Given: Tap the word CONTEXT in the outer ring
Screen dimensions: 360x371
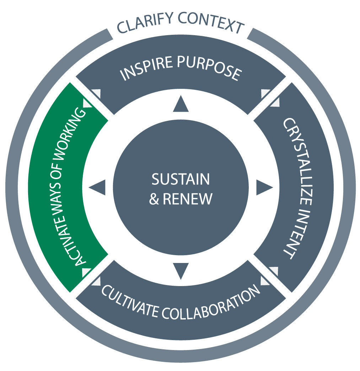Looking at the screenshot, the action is [211, 23].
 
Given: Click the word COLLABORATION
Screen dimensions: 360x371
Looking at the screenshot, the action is [211, 304].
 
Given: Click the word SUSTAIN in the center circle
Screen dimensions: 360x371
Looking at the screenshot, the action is [181, 179].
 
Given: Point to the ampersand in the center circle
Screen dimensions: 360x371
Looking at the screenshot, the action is [154, 199].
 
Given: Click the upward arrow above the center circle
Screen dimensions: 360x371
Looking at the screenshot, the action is [181, 104].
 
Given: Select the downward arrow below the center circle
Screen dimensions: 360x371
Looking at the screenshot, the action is [181, 271].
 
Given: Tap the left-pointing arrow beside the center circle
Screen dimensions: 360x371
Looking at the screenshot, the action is [97, 187].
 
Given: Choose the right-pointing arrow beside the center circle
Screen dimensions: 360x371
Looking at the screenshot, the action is [265, 187].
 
